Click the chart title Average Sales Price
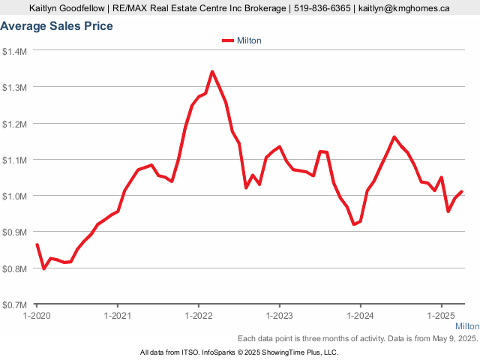pos(57,26)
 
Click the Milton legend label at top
pos(249,40)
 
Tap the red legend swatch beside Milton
pos(228,40)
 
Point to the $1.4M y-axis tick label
pos(15,51)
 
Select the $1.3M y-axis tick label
pos(15,87)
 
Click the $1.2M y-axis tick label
pos(15,123)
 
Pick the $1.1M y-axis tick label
pos(15,160)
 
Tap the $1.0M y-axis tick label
pos(15,196)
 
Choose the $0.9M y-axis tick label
pos(15,232)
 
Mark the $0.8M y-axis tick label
pos(15,268)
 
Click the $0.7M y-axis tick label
pos(15,304)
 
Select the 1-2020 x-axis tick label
pos(37,316)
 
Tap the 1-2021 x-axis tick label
pos(118,316)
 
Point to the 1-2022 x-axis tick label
pos(199,316)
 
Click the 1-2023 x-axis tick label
pos(280,316)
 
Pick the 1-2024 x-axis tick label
pos(361,316)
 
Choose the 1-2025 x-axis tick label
pos(442,316)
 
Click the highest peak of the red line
pos(212,72)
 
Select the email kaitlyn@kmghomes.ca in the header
pos(404,8)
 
